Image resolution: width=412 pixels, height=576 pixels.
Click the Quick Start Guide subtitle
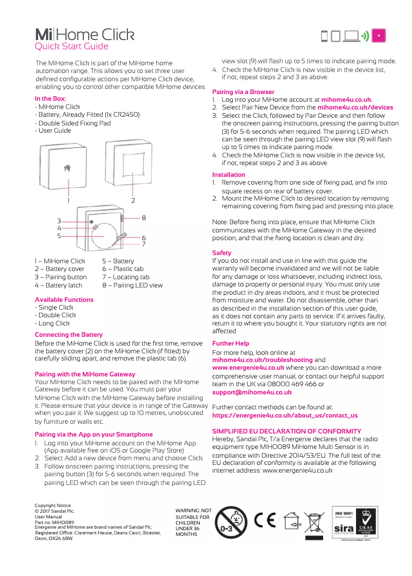coord(71,46)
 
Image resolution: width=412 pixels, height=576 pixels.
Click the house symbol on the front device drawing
coord(67,169)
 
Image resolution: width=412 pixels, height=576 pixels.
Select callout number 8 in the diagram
coord(143,218)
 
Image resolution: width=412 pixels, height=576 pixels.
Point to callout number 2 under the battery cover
coord(133,200)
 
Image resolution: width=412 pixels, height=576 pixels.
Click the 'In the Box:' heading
coord(50,99)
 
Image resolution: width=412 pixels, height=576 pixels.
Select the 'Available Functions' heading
coord(64,299)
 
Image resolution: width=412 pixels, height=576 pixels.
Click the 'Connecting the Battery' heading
coord(69,334)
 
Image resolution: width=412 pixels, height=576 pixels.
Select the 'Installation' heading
coord(229,175)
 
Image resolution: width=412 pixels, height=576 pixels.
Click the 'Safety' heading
coord(222,253)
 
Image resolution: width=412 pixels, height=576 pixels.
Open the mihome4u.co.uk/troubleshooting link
coord(262,360)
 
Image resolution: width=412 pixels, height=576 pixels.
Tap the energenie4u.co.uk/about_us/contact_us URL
coord(285,415)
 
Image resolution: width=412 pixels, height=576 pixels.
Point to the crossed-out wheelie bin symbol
coord(314,524)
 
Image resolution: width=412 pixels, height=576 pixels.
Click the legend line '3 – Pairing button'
coord(61,277)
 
